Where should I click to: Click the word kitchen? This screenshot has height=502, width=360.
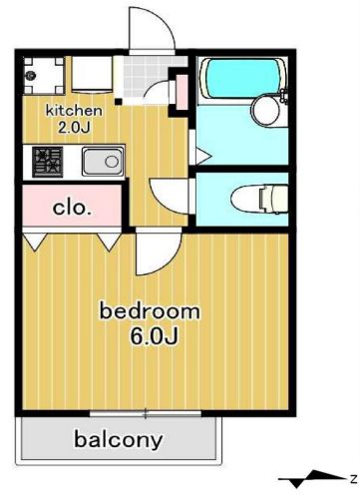coord(74,111)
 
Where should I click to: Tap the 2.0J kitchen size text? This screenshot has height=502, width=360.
coord(74,128)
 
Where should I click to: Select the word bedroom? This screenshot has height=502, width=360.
coord(150,311)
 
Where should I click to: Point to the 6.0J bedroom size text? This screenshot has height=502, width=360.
coord(155,336)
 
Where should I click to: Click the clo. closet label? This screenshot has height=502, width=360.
coord(72,209)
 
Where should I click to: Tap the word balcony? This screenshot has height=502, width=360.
coord(119,440)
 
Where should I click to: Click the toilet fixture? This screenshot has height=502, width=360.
coord(260,200)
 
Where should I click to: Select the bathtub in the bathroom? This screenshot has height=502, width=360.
coord(243,78)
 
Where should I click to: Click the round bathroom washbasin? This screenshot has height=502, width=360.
coord(265,111)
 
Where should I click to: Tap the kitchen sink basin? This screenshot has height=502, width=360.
coord(103,162)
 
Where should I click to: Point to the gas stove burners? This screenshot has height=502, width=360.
coord(48,162)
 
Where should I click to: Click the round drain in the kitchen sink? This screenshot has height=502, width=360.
coord(112,162)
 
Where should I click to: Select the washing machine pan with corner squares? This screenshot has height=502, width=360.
coord(44,76)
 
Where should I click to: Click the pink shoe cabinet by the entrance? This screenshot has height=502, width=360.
coord(181,93)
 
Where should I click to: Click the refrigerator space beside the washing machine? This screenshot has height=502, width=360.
coord(92,75)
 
